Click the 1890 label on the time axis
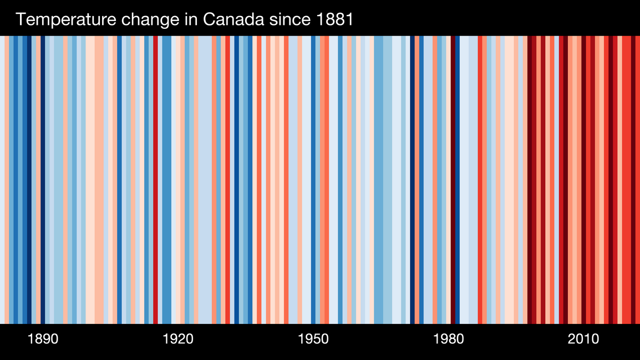tap(43, 339)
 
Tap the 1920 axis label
tap(178, 339)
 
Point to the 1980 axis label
tap(448, 339)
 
